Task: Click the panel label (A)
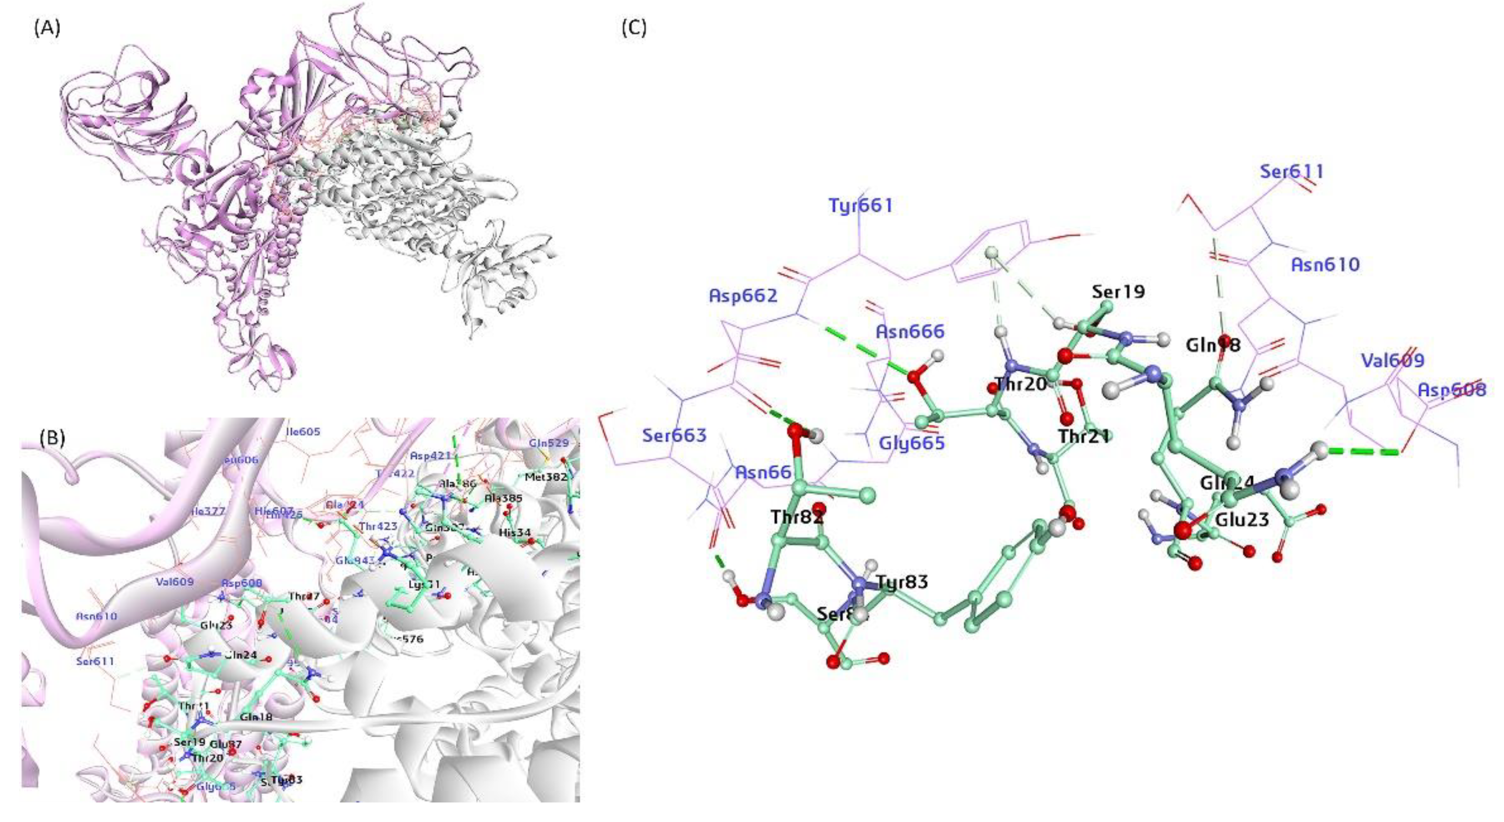(x=47, y=28)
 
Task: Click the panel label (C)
(x=633, y=28)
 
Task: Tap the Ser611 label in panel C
(x=1291, y=172)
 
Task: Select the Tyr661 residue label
(x=861, y=205)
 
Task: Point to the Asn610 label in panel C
(x=1325, y=265)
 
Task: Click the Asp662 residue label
(x=743, y=295)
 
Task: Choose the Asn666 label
(x=910, y=331)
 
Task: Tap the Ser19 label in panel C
(x=1118, y=292)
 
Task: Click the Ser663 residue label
(x=674, y=435)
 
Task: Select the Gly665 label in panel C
(x=912, y=443)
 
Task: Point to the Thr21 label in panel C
(x=1084, y=436)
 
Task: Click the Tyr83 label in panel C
(x=902, y=582)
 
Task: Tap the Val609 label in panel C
(x=1392, y=360)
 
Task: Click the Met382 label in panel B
(x=546, y=477)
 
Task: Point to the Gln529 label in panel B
(x=548, y=443)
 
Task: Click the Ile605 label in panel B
(x=304, y=431)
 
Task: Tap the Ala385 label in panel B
(x=503, y=498)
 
